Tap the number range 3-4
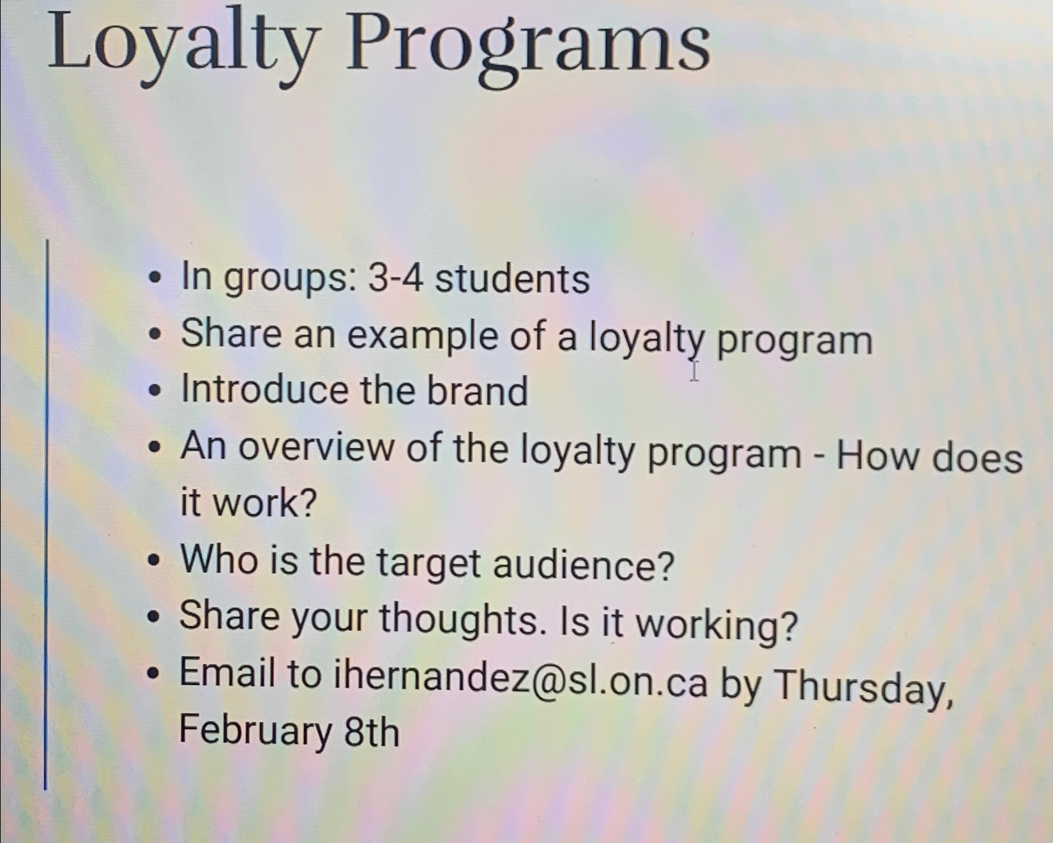(x=395, y=278)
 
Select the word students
(x=512, y=279)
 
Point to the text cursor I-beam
(x=694, y=371)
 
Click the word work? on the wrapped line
(x=265, y=503)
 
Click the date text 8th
(x=372, y=732)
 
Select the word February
(x=255, y=730)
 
